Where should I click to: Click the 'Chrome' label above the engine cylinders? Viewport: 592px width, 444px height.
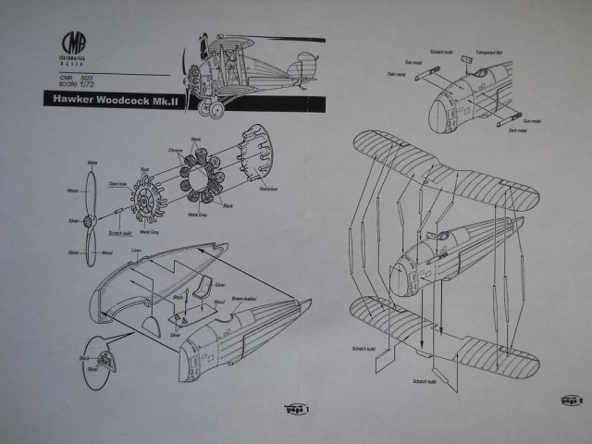177,148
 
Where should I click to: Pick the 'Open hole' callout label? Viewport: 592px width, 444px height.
117,182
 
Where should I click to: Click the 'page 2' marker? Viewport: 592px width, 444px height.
572,400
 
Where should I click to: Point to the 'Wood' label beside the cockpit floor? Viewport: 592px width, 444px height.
220,302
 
